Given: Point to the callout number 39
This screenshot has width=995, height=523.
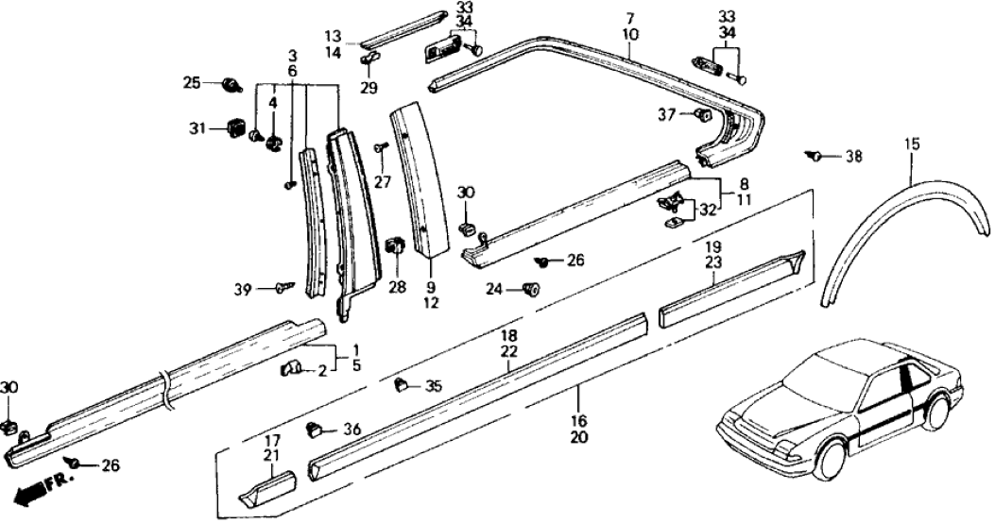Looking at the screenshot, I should coord(242,289).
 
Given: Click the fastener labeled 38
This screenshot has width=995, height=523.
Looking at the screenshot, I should coord(813,155).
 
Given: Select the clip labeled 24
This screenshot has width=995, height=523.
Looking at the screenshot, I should coord(531,289).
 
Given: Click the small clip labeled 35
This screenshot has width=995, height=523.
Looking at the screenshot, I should coord(400,384).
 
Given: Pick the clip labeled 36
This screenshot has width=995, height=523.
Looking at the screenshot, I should coord(315,430).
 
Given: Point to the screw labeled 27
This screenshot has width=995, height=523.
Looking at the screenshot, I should coord(379,147).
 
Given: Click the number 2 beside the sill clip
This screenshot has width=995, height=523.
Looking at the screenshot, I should coord(323,371).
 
